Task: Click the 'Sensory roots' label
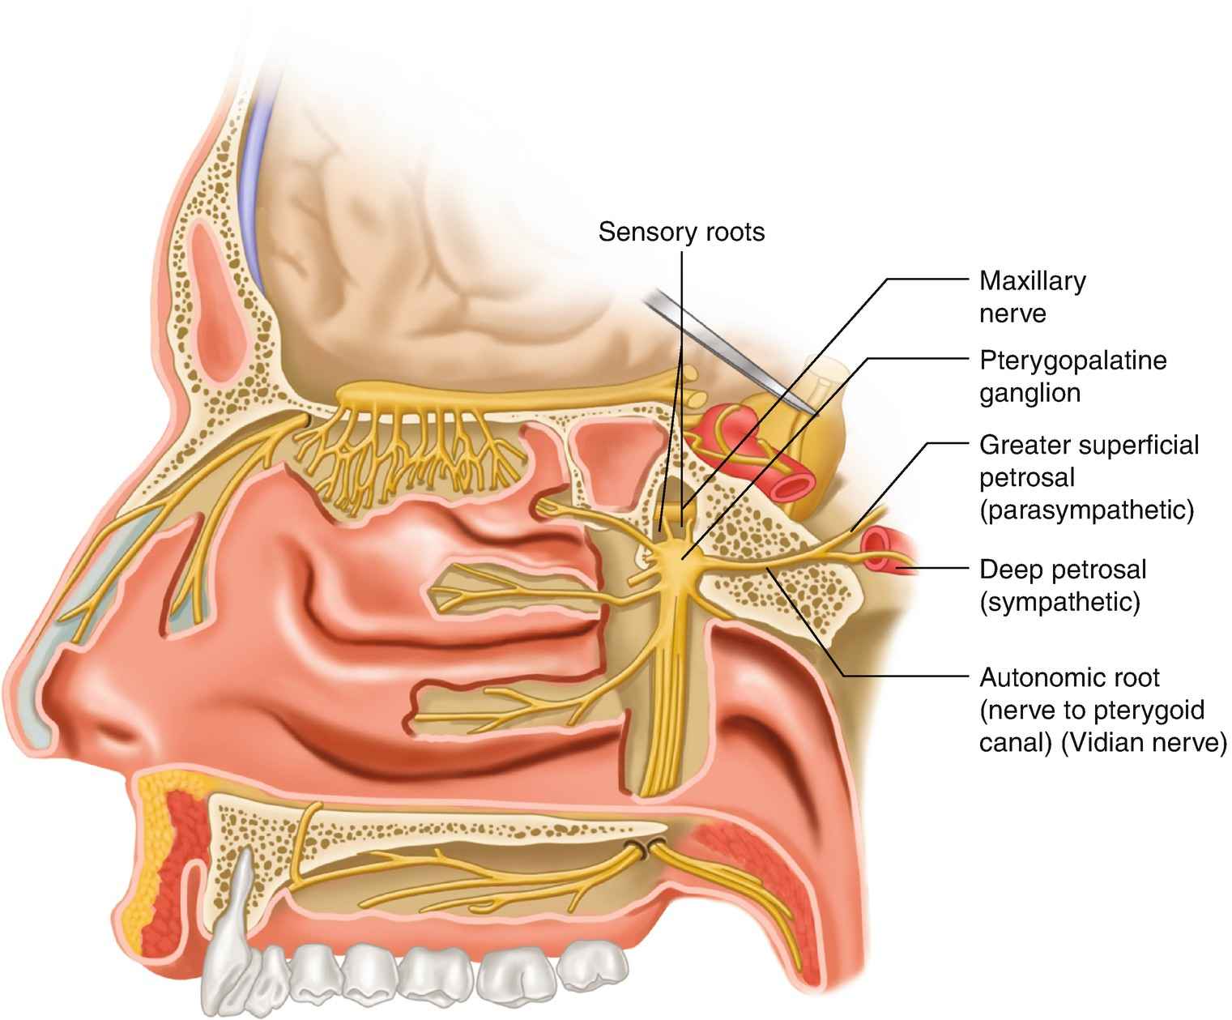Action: coord(681,233)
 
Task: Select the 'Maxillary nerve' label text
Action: coord(1032,297)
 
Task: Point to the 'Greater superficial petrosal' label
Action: coord(1089,461)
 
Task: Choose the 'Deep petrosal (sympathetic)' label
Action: coord(1063,585)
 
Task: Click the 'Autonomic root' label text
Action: coord(1069,676)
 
